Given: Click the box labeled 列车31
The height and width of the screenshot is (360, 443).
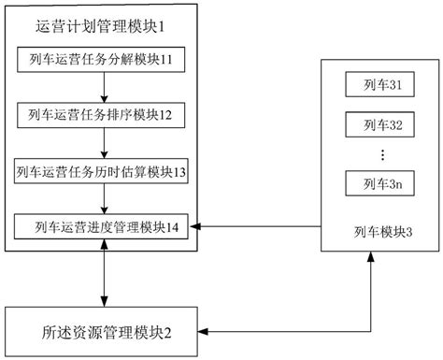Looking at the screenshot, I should pos(379,86).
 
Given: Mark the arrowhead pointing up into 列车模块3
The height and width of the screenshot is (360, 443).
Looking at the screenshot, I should pos(372,259).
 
